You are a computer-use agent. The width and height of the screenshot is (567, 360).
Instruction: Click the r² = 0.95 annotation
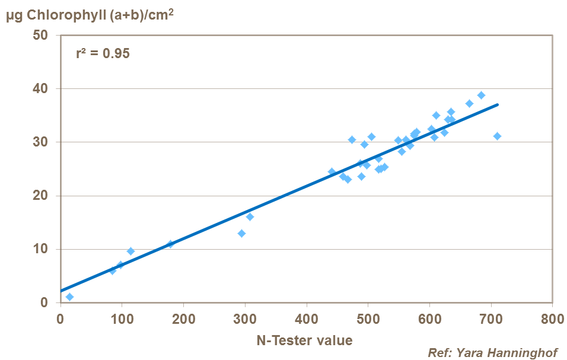tap(103, 53)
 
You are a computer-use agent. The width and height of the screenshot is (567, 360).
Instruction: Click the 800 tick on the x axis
tap(552, 318)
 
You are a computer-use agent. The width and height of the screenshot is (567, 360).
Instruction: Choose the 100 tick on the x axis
tap(122, 318)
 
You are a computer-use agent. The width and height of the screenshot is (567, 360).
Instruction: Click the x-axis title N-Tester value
tap(304, 340)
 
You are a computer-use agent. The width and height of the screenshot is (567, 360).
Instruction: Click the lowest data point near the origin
tap(69, 297)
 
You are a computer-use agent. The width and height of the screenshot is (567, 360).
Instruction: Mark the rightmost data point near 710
tap(497, 136)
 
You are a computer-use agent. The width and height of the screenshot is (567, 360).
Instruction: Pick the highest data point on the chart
tap(481, 95)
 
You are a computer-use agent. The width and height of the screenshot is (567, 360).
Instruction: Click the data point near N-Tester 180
tap(171, 244)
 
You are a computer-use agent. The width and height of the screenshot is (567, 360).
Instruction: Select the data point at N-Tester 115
tap(130, 251)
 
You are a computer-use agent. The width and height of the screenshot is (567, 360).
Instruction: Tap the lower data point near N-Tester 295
tap(241, 233)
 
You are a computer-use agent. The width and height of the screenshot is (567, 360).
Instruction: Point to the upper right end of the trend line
tap(498, 105)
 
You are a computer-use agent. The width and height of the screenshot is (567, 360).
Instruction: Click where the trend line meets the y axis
tap(60, 291)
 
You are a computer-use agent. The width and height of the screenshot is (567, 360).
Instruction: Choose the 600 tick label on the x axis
tap(429, 318)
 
